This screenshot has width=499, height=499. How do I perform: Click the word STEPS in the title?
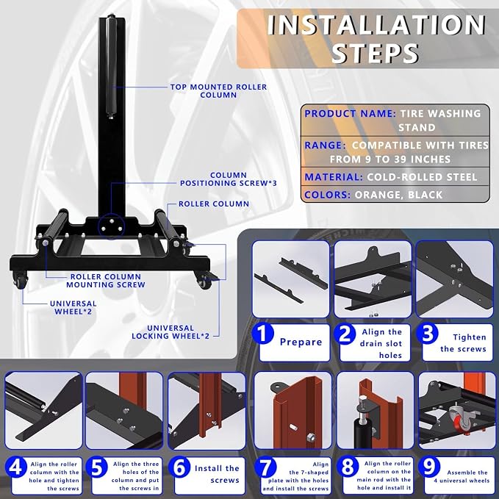(x=375, y=52)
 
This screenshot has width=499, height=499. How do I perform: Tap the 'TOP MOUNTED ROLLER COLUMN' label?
(x=218, y=91)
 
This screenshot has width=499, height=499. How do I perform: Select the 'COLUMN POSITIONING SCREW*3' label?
(x=228, y=179)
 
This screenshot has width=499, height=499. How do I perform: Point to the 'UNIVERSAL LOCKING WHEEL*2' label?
(x=170, y=332)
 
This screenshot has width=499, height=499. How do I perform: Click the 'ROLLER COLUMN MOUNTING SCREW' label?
(x=106, y=281)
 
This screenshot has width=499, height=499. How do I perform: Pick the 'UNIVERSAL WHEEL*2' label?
(x=73, y=307)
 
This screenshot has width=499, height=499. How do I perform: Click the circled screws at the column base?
(x=111, y=226)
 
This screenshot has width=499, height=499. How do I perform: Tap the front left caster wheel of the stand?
(x=21, y=281)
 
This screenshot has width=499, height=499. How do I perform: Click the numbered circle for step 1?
(x=263, y=334)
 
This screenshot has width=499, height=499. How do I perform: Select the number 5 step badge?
(x=97, y=467)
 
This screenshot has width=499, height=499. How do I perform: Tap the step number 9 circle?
(x=429, y=467)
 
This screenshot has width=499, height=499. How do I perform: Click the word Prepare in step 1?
(x=301, y=342)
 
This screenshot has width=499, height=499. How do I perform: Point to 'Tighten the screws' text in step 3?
(x=463, y=343)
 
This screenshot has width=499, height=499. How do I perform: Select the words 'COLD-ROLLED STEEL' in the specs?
(x=422, y=177)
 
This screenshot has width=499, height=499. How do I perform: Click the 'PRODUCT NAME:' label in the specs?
(x=350, y=114)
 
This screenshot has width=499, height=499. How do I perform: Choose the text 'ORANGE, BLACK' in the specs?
(x=398, y=195)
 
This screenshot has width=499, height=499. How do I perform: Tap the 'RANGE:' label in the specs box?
(x=325, y=146)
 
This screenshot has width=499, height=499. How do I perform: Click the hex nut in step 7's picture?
(x=311, y=437)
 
